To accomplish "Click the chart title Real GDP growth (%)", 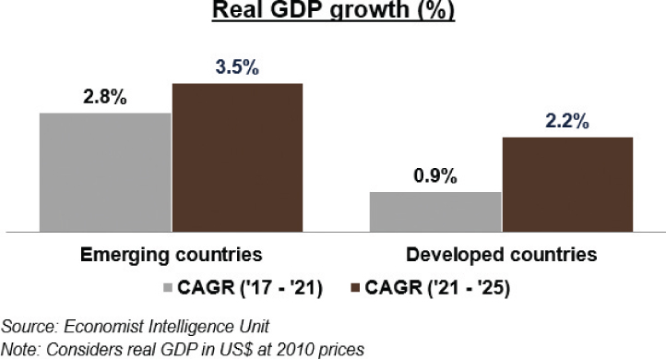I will point(333,12).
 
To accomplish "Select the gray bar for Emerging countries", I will point(104,172).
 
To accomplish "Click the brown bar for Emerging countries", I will point(237,157).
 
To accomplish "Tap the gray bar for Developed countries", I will point(435,211).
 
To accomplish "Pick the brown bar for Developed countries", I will point(568,184).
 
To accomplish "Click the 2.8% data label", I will point(102,97).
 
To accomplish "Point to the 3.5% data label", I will point(237,67).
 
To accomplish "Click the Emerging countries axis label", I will point(170,254).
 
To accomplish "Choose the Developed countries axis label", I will point(501,254).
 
